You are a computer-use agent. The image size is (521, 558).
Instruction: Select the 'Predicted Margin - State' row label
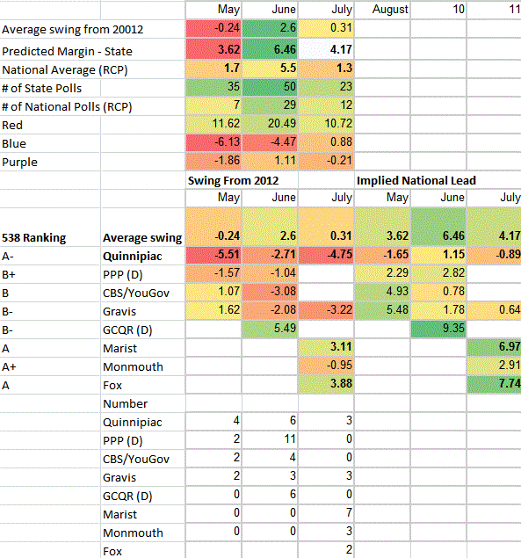pyautogui.click(x=68, y=52)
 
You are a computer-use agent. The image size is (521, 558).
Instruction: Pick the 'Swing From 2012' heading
pyautogui.click(x=234, y=180)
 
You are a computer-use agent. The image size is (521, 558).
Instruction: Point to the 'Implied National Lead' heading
pyautogui.click(x=416, y=180)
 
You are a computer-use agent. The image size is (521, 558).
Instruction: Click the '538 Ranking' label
pyautogui.click(x=33, y=237)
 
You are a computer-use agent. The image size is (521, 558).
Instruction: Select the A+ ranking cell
pyautogui.click(x=9, y=367)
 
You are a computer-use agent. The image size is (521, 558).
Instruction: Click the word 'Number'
pyautogui.click(x=126, y=404)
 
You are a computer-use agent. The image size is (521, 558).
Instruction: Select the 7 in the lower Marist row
pyautogui.click(x=349, y=512)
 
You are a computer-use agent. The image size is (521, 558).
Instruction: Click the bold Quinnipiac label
pyautogui.click(x=133, y=257)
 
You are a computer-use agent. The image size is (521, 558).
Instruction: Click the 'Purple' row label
pyautogui.click(x=19, y=163)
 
